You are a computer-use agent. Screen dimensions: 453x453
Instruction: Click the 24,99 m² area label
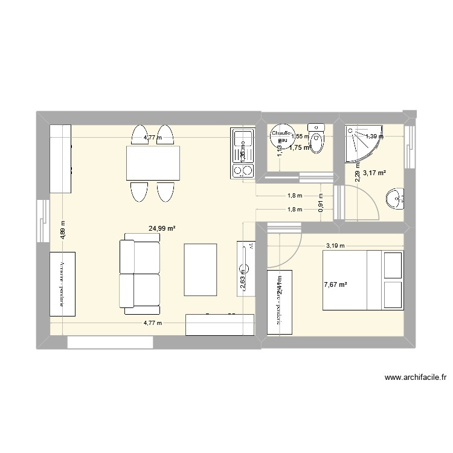click(x=162, y=229)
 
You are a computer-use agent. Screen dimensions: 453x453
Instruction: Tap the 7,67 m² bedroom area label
click(x=336, y=284)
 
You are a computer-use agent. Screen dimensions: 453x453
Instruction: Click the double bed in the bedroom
click(x=363, y=280)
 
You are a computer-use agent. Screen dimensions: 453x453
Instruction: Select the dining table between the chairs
click(x=153, y=163)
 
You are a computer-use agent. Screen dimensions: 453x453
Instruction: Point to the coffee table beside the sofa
click(x=200, y=269)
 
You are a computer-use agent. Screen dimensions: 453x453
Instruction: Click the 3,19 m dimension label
click(x=335, y=246)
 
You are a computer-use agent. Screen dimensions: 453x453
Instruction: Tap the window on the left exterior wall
click(x=43, y=220)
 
